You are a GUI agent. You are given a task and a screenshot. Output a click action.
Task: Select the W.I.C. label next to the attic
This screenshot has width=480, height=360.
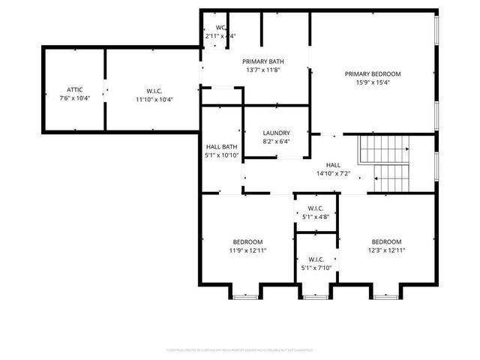(x=154, y=89)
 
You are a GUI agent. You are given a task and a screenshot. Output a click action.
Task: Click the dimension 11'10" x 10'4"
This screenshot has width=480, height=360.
(x=154, y=99)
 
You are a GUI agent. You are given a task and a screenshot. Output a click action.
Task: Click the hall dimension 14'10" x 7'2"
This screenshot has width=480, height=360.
(x=333, y=174)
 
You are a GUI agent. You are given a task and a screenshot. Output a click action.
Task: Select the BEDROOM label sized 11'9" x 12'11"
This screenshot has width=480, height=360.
(x=247, y=241)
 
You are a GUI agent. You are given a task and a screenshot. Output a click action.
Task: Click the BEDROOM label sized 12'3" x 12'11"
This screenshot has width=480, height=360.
(x=387, y=241)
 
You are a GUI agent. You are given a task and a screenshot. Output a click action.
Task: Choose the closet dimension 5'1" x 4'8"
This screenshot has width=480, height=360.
(x=316, y=217)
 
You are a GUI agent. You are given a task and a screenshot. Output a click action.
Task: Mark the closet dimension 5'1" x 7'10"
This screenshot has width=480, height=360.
(x=316, y=268)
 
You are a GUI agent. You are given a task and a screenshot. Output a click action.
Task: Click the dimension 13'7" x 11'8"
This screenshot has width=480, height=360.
(x=262, y=70)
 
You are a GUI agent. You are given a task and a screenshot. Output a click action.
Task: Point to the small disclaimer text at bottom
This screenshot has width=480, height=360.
(x=239, y=349)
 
